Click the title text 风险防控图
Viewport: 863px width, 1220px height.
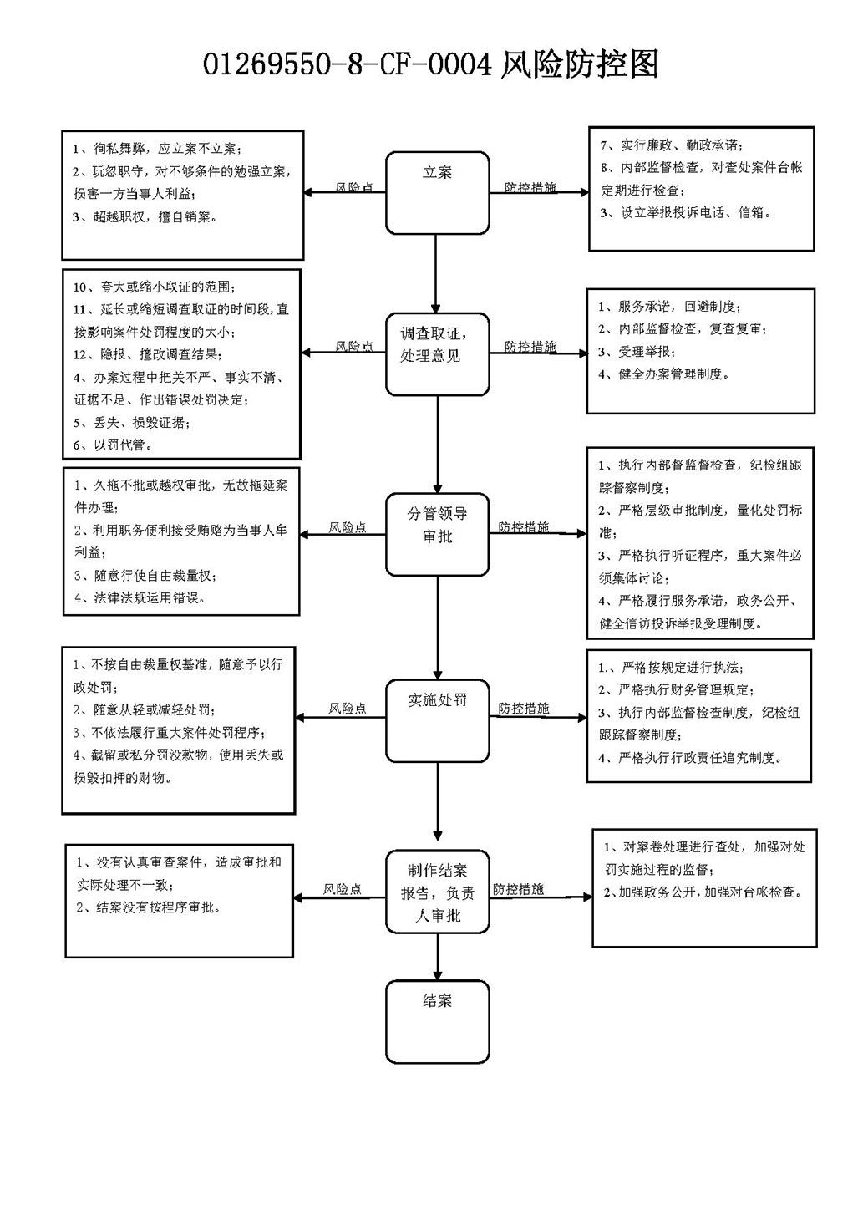(580, 64)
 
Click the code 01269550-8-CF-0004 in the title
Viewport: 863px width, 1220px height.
(348, 65)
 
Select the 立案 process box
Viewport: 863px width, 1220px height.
(438, 193)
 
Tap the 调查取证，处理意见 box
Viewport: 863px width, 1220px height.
(438, 354)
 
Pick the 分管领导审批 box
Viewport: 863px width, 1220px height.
(438, 534)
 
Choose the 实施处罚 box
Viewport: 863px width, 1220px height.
(438, 720)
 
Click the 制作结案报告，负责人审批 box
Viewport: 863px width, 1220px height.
(438, 892)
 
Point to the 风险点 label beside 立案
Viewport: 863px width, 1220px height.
(354, 187)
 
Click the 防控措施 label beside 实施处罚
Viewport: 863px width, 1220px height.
(524, 708)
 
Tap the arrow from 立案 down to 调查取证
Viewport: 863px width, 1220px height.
(435, 273)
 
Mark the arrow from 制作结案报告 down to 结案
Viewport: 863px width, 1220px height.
(438, 957)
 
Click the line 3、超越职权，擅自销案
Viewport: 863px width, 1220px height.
(145, 216)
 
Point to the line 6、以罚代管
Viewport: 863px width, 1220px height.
(113, 445)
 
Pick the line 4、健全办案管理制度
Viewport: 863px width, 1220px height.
(663, 374)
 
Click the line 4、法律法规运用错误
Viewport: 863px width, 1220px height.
(140, 598)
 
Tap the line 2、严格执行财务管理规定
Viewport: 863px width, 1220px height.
(676, 689)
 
